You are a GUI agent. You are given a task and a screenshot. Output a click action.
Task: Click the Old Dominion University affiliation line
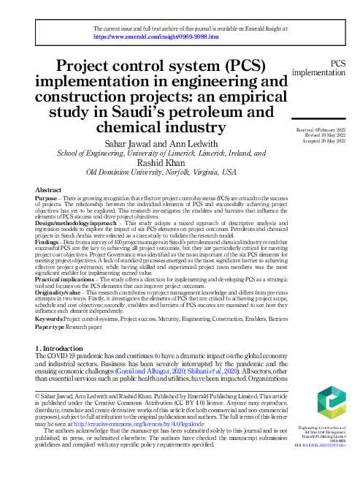pyautogui.click(x=161, y=172)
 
